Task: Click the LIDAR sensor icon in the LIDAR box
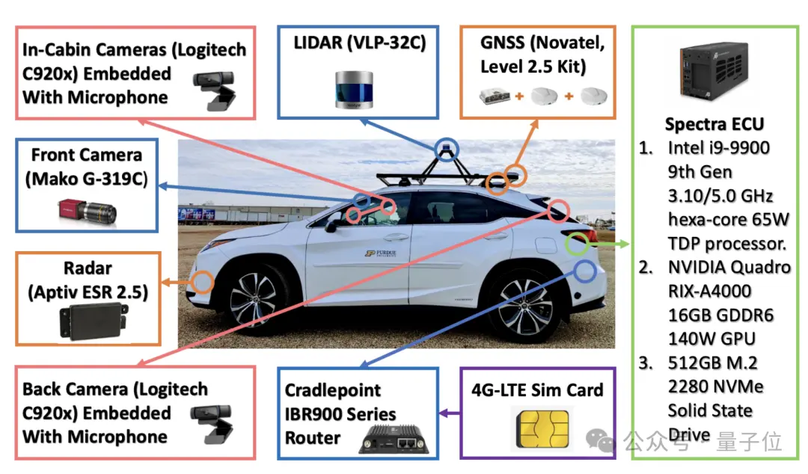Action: (x=354, y=90)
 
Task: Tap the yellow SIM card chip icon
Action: (x=542, y=428)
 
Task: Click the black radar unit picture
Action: (x=94, y=321)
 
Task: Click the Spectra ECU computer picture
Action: (x=714, y=70)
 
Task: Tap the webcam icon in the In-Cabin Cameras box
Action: (x=215, y=90)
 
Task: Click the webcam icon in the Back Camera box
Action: (x=212, y=424)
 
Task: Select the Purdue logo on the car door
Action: (x=381, y=253)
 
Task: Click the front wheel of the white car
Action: (x=253, y=300)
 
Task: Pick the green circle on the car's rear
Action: (x=566, y=244)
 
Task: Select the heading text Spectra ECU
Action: (x=714, y=124)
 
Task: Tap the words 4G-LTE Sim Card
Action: (x=537, y=390)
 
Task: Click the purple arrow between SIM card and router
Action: (x=450, y=413)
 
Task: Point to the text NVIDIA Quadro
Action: (x=729, y=268)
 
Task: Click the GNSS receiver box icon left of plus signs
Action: (x=495, y=96)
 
